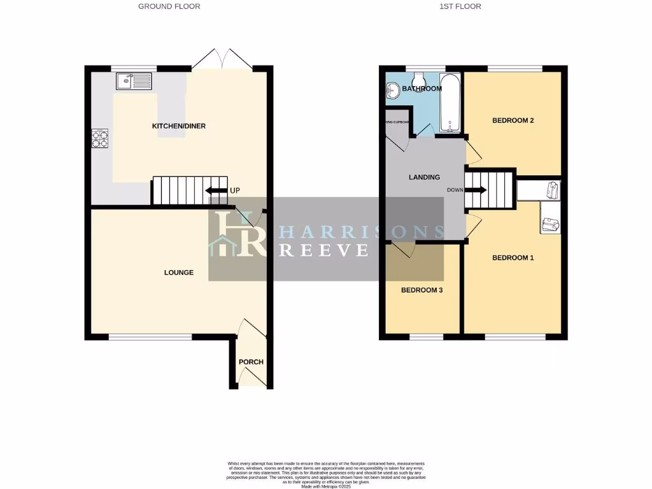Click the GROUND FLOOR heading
point(169,6)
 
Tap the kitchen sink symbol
point(134,81)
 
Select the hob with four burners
point(101,138)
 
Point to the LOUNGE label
point(178,273)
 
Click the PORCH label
point(251,362)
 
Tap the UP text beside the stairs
point(235,190)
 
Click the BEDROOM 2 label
point(513,120)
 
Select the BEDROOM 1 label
point(513,258)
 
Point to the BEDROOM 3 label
point(422,290)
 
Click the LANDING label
point(423,177)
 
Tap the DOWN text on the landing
point(455,190)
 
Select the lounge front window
point(150,337)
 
